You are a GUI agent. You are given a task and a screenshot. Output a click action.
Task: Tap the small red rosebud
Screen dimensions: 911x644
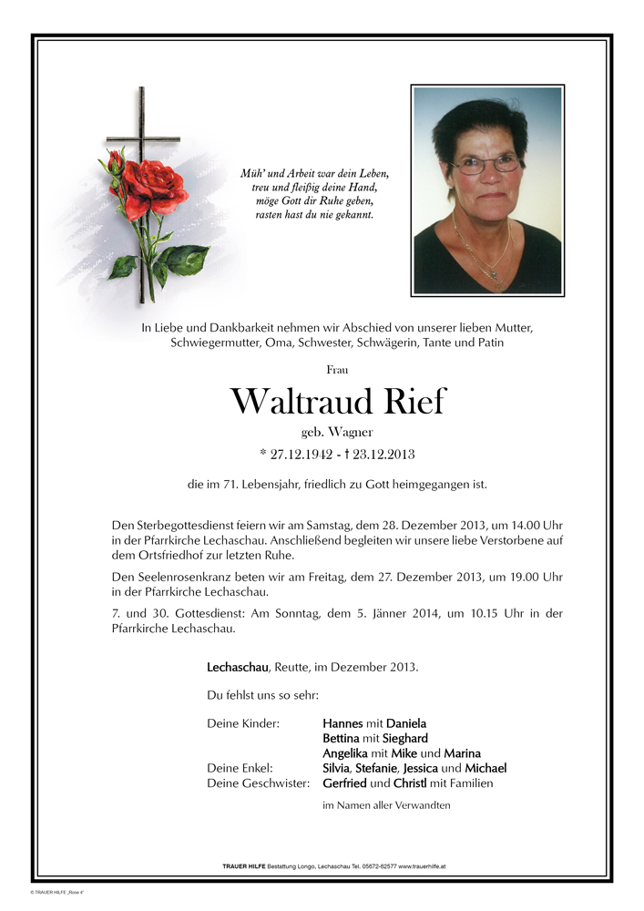pos(116,164)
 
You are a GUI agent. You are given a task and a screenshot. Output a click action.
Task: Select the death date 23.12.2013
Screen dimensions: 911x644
pos(383,453)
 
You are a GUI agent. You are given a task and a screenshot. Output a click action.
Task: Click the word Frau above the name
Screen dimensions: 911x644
pos(337,369)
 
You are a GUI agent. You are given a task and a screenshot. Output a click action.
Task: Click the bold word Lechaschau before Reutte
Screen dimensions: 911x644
pos(238,667)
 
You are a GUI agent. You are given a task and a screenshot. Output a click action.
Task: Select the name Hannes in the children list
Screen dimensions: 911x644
pos(342,723)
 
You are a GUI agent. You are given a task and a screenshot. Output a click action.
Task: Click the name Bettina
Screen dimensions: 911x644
pos(342,738)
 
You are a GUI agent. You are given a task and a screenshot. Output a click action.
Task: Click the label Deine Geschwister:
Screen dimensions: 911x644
pos(259,783)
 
